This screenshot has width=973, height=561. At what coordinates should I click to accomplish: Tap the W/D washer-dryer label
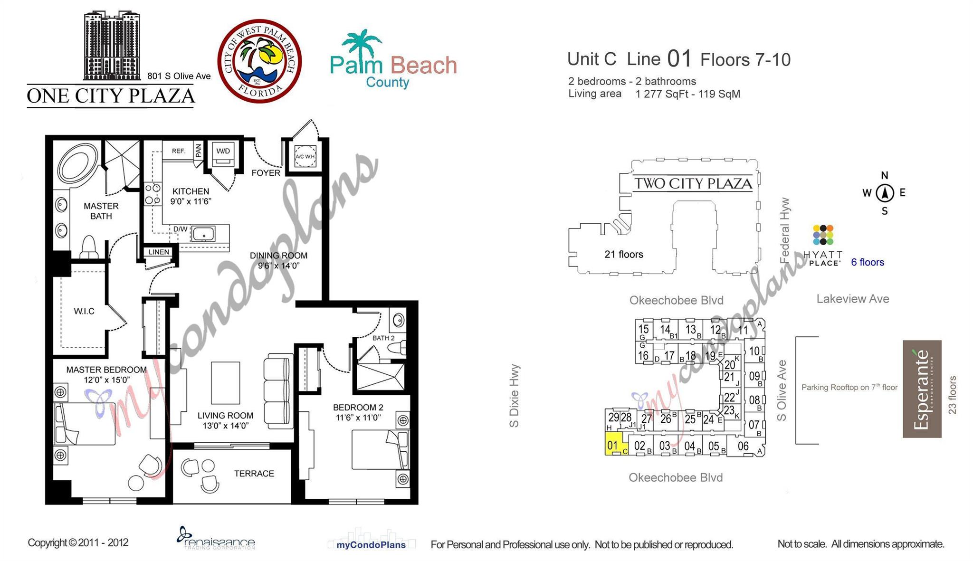pos(223,151)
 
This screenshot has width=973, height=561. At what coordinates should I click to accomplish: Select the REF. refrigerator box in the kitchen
pos(178,151)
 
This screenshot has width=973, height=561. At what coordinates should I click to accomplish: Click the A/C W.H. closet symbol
pos(305,156)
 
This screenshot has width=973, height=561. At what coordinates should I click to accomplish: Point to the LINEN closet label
pos(159,252)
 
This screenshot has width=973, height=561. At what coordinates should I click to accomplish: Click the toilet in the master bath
pos(89,247)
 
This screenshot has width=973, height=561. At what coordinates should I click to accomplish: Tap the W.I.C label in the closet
pos(84,311)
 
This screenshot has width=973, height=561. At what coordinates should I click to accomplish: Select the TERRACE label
pos(254,474)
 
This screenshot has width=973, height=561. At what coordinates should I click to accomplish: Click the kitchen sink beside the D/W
pos(204,234)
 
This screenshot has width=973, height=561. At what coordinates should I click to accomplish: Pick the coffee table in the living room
pos(225,383)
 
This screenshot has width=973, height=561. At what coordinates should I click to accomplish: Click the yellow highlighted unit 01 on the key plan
pos(613,445)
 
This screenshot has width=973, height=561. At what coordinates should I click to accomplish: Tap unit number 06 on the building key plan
pos(743,446)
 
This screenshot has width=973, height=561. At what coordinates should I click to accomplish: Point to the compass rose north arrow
pos(885,193)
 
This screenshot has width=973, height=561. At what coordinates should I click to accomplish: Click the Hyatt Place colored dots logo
pos(823,235)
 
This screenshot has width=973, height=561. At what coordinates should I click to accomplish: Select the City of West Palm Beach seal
pos(259,61)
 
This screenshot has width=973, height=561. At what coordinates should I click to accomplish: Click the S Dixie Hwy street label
pos(514,396)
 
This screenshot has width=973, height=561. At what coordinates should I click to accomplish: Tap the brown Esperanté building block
pos(922,389)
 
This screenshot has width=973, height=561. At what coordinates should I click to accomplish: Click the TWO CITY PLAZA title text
pos(693,183)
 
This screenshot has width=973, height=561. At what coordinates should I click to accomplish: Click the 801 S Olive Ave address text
pos(179,76)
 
